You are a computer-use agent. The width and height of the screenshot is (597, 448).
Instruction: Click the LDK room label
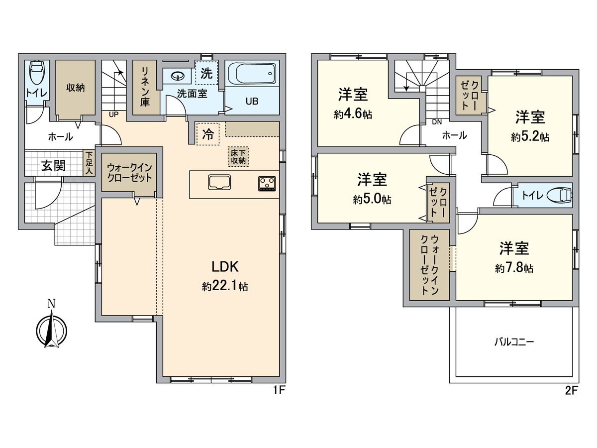coord(225,267)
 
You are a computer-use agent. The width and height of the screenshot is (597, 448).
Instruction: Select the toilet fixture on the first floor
coord(36,73)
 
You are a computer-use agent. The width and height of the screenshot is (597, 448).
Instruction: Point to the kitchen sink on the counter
coord(219,183)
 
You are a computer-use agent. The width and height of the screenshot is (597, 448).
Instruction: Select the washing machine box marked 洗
coord(206,74)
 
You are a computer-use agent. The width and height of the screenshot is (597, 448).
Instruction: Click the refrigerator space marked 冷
coord(207,133)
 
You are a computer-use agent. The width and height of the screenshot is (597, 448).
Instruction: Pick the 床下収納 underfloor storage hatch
coord(238,156)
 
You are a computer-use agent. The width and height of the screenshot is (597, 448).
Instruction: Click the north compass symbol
coord(52,329)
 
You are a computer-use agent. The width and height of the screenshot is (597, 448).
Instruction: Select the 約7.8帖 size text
coord(514,268)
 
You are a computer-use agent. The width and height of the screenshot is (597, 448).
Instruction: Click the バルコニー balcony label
coord(514,342)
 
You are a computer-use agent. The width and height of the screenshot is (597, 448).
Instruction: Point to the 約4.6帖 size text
coord(353,114)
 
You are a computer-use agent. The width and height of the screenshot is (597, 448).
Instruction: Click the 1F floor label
coord(279,390)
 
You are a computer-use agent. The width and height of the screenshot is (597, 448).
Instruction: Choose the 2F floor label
coord(571,390)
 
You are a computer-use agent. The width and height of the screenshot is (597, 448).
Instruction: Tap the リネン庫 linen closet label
coord(145,87)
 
